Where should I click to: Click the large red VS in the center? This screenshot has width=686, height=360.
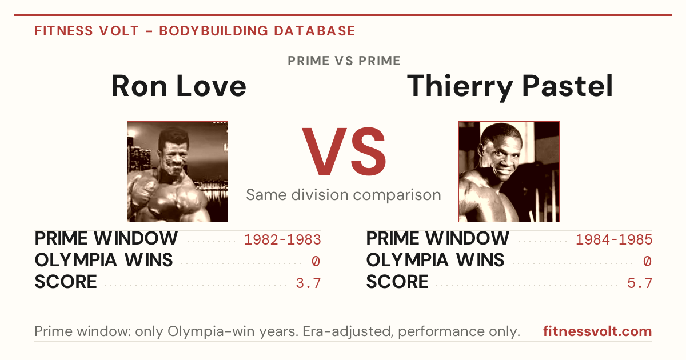344,151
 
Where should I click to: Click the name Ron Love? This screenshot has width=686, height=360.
179,86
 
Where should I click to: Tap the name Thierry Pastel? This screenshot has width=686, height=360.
510,87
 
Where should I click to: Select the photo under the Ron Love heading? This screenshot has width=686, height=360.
178,171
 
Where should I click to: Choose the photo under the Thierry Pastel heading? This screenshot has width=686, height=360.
509,171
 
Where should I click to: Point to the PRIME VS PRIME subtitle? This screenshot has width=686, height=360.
344,61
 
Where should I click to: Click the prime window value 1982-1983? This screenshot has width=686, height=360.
282,239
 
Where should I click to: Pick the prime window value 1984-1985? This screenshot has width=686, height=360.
614,239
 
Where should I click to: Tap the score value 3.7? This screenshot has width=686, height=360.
308,283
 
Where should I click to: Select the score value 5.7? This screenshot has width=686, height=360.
640,283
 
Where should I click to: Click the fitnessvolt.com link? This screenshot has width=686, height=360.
597,331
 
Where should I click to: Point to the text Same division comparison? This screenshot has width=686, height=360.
344,195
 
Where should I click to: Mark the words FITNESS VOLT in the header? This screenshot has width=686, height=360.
87,31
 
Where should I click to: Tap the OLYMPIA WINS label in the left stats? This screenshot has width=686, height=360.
104,260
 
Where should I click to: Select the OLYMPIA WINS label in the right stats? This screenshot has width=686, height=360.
435,260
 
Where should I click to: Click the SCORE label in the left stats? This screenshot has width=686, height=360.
66,282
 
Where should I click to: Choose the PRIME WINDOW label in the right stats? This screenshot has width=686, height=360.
438,238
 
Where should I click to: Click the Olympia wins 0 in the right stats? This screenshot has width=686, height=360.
647,261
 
